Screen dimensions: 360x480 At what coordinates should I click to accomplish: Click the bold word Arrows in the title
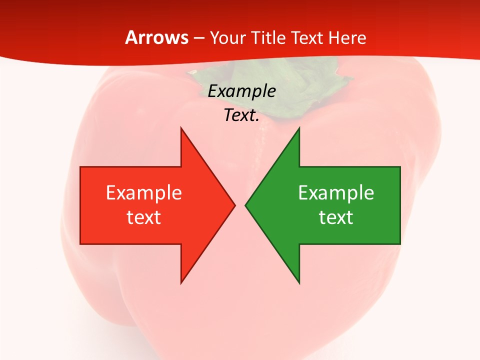pos(156,37)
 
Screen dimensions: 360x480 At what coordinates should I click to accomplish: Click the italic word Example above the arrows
pos(241,91)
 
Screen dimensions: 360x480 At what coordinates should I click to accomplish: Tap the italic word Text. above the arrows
pos(241,115)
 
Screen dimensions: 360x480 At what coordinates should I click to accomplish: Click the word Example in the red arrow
pos(143,193)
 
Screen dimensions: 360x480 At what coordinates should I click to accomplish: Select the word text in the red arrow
pos(143,217)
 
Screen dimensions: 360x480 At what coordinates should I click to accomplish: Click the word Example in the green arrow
pos(336,193)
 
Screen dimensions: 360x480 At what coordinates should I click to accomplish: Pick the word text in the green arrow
pos(336,217)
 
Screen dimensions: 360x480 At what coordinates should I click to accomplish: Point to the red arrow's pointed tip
pos(234,205)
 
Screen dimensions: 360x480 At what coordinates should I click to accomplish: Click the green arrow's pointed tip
pos(246,205)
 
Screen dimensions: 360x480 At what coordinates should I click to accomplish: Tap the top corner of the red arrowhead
pos(181,128)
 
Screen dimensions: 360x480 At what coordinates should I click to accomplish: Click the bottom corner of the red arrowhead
pos(181,282)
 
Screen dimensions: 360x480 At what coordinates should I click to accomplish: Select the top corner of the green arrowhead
pos(299,128)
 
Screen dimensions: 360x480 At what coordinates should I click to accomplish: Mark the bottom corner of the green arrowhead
pos(299,282)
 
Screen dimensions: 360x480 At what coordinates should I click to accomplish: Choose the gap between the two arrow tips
pos(240,205)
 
